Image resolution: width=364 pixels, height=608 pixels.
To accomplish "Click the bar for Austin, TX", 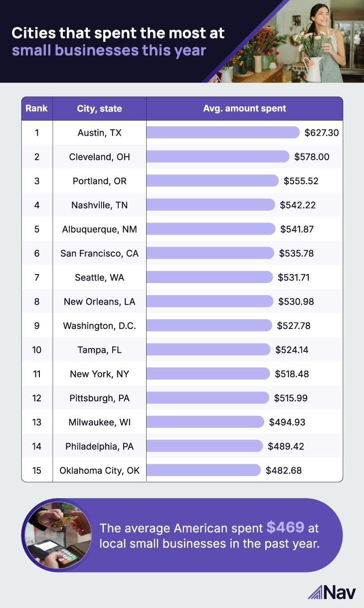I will point(223,132).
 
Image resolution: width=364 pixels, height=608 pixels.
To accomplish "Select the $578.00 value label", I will point(311,157).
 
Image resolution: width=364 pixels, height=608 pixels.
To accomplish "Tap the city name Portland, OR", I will point(100,181).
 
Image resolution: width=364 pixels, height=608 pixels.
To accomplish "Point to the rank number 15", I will point(37,470).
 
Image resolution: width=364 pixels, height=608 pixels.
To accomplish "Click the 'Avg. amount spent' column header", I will point(244,108).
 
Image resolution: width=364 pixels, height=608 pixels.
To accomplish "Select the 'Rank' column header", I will point(37,108).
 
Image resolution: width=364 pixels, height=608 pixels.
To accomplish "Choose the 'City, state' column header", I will point(99,108).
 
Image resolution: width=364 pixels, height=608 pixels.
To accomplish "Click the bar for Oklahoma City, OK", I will point(203,470).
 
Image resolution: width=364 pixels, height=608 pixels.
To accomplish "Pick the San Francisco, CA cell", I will point(100,253).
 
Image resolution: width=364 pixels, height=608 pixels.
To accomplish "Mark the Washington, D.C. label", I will point(100,325).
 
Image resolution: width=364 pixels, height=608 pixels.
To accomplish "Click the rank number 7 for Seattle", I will point(37,277).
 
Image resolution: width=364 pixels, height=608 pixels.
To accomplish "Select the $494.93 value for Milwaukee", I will point(287,422).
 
